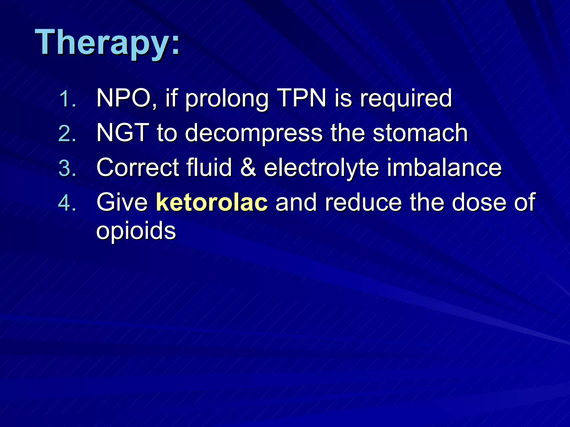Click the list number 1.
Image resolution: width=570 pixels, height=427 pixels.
coord(68,99)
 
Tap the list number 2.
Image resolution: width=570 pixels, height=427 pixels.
coord(68,134)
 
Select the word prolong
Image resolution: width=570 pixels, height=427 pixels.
coord(227,100)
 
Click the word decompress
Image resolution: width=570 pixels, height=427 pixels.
coord(254,134)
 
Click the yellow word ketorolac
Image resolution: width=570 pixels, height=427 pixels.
coord(212,202)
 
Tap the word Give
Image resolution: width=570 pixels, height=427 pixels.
coord(122,202)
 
